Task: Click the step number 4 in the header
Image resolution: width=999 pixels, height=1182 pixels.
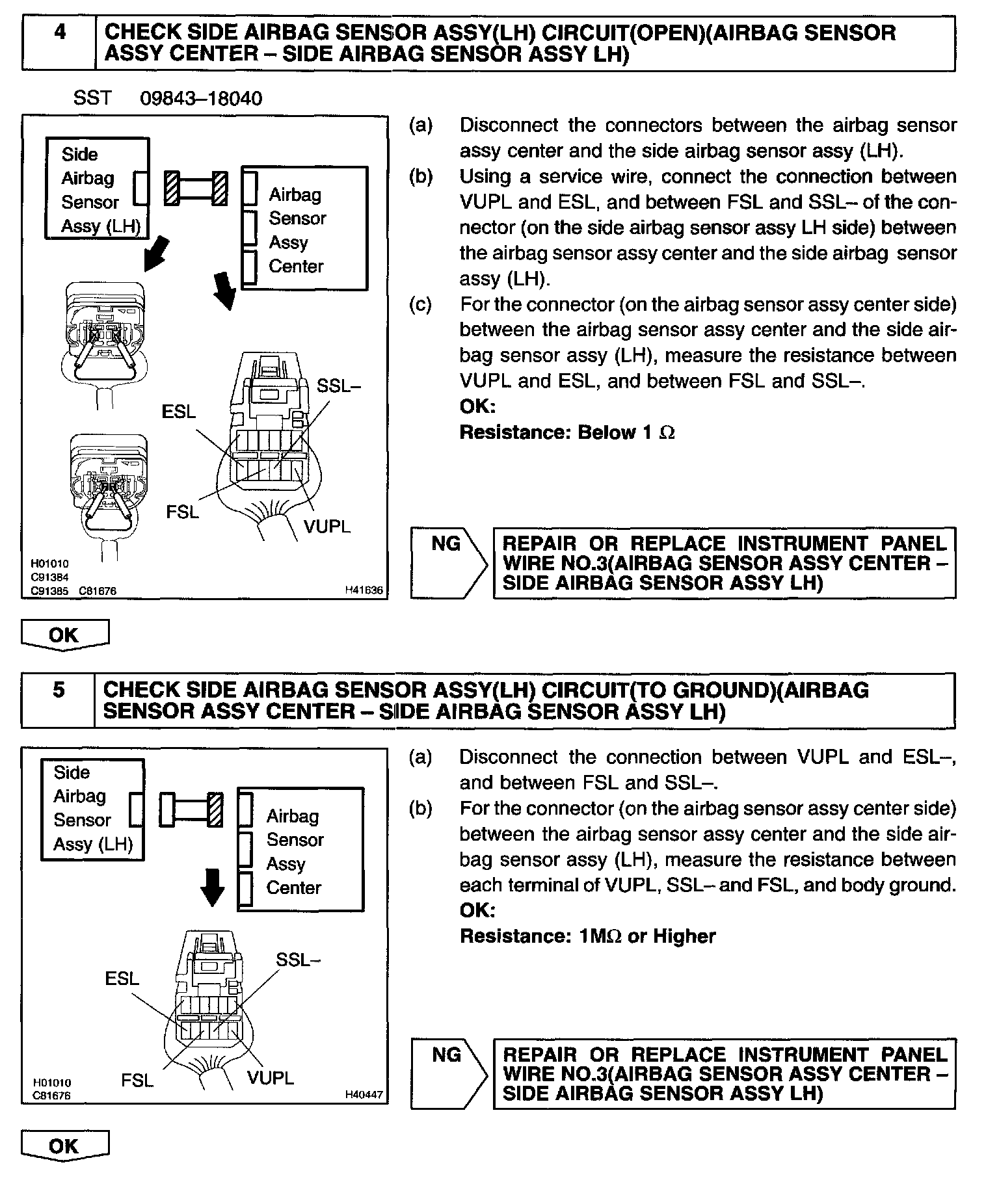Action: coord(59,33)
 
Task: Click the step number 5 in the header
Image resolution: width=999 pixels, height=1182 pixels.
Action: coord(58,689)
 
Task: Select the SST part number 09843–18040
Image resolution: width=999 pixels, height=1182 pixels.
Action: coord(201,98)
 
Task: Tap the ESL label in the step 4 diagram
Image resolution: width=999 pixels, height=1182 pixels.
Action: coord(178,412)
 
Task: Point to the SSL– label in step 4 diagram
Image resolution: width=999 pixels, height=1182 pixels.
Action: coord(338,386)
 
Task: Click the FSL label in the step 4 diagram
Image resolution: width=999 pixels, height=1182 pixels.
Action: coord(182,512)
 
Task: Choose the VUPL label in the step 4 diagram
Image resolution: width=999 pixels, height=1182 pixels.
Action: coord(327,526)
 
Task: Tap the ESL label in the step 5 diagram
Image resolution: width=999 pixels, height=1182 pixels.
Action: coord(122,978)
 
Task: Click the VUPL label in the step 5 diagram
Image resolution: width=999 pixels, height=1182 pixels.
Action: coord(271,1077)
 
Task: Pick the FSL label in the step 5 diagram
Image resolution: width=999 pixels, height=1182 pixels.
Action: coord(137,1081)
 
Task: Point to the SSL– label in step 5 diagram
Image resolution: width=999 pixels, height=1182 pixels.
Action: coord(299,959)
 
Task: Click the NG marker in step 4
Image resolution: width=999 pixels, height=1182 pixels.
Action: coord(446,544)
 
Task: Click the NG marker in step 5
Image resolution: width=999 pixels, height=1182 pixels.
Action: coord(446,1055)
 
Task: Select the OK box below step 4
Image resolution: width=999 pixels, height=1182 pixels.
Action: coord(64,635)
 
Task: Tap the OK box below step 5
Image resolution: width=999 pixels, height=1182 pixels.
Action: coord(64,1146)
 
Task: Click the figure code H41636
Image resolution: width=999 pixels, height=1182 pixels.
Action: coord(364,590)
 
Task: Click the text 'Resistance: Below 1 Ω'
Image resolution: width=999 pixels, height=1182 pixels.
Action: coord(567,432)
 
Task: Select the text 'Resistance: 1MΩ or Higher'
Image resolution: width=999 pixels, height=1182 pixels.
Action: coord(587,936)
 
